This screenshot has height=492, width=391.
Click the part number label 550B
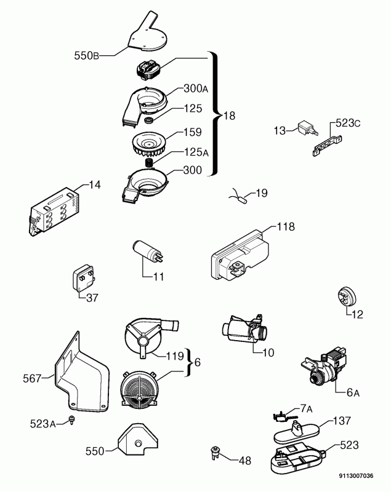click(86, 56)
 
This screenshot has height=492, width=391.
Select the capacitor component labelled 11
click(147, 251)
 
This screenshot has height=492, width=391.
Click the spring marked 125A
click(149, 163)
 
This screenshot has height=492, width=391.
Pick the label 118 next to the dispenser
click(286, 226)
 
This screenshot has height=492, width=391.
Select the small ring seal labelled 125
click(148, 120)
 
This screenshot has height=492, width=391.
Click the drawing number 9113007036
click(356, 475)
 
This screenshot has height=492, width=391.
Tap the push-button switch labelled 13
click(308, 128)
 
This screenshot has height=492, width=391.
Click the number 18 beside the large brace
click(229, 116)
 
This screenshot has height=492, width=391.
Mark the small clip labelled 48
click(215, 453)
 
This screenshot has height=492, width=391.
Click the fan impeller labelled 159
click(150, 145)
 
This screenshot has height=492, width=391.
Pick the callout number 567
click(32, 378)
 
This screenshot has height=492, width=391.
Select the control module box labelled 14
click(55, 212)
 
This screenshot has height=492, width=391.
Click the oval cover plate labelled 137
click(297, 432)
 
